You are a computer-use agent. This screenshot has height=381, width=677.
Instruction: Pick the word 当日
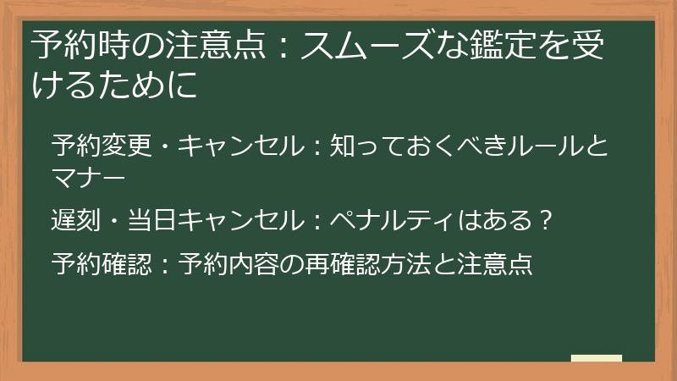(153, 222)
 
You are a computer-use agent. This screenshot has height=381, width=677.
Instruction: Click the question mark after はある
(546, 222)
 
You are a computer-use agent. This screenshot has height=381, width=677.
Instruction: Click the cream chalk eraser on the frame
(597, 359)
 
